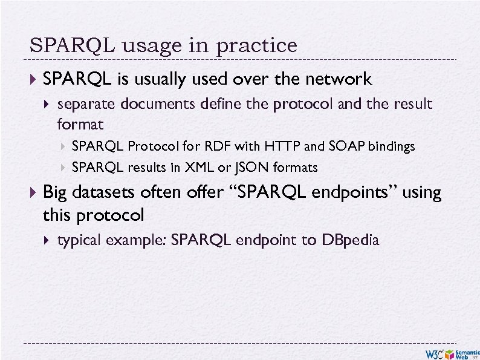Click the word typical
tap(79, 240)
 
